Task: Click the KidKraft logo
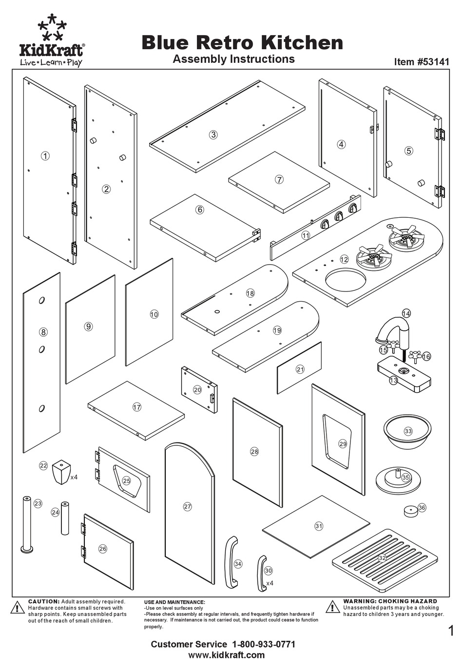coord(51,41)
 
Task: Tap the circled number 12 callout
coord(345,259)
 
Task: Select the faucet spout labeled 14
coord(394,327)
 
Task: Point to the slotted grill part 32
coord(382,557)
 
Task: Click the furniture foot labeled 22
coord(61,471)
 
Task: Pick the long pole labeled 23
coord(26,524)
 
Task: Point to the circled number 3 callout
coord(213,135)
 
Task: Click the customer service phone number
coord(262,644)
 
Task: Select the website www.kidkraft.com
coord(226,655)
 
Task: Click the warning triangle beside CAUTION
coord(18,608)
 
